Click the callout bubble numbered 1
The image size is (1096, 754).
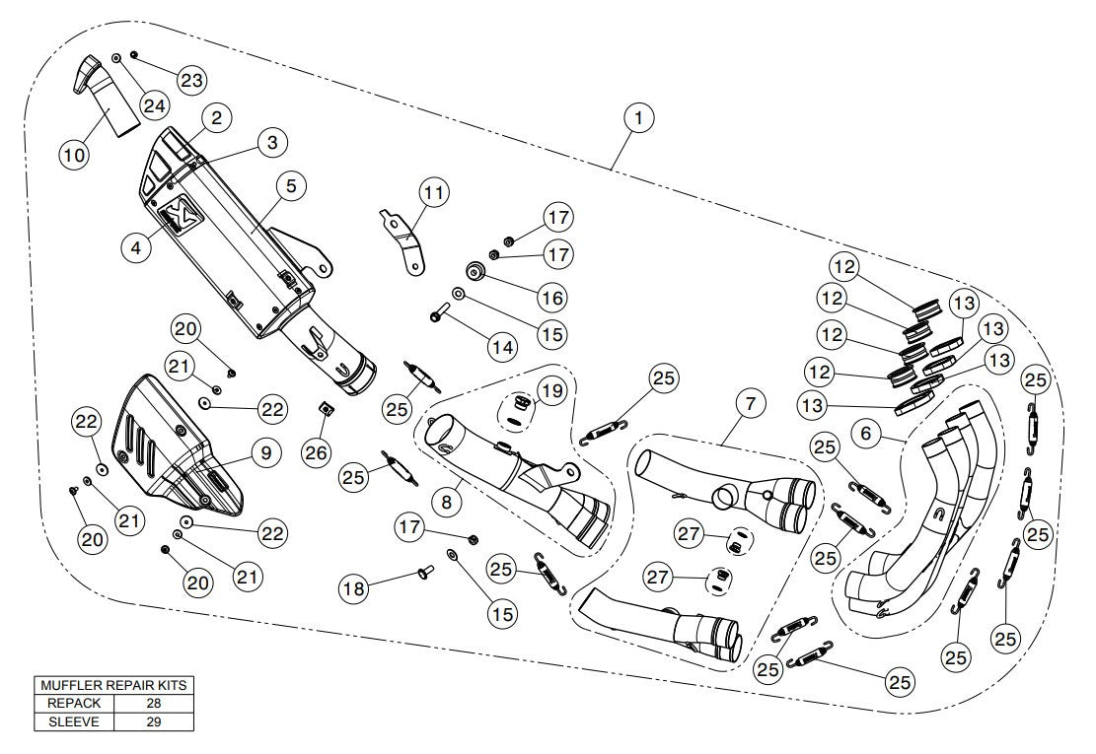pos(638,118)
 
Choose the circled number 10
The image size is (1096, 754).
pos(75,154)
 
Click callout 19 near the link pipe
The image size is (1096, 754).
pos(551,390)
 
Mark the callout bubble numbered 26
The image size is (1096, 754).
pos(314,453)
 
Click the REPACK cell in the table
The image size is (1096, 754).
pos(74,704)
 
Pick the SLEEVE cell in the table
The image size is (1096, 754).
pos(74,721)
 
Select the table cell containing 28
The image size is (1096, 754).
pos(152,704)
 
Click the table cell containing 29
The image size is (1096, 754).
pos(152,721)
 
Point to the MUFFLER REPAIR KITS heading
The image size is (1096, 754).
pos(112,685)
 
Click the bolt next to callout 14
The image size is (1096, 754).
pos(438,316)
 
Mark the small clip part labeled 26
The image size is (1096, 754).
pos(322,406)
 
